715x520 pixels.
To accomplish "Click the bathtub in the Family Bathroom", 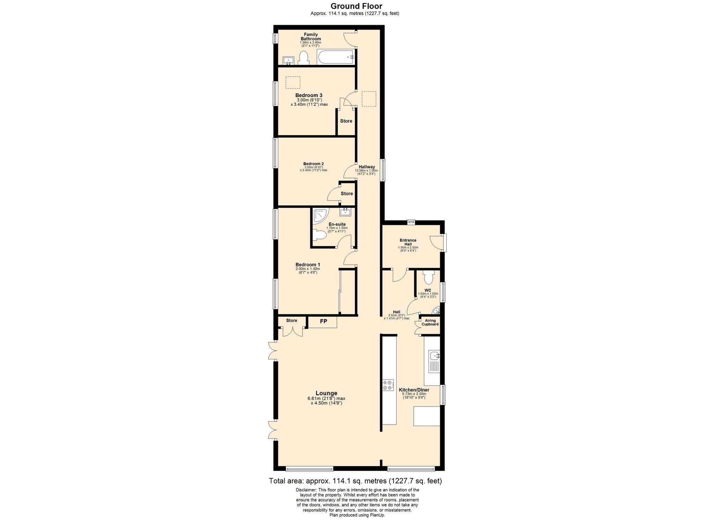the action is [336, 57].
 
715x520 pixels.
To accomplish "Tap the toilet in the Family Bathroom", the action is [303, 58].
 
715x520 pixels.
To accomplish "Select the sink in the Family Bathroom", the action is [288, 61].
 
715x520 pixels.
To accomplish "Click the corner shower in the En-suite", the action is [321, 215].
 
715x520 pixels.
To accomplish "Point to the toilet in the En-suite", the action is [319, 236].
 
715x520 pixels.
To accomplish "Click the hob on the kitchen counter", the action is [388, 385].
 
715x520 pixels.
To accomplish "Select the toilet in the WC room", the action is [428, 277].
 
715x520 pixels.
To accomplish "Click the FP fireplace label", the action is [324, 321].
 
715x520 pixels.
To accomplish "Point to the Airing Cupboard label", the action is [430, 322].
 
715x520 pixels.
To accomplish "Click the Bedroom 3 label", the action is [309, 95].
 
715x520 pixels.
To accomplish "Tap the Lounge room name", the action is [326, 393].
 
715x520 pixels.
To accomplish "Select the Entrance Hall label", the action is [408, 242].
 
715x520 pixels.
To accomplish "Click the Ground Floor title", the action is [356, 6].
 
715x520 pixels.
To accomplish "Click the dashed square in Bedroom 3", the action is [293, 83].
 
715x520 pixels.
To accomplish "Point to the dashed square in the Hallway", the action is [369, 99].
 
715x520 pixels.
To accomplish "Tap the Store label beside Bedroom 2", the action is [347, 193].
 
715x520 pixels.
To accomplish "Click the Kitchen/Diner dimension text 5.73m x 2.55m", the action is [414, 394].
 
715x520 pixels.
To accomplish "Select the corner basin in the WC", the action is [436, 310].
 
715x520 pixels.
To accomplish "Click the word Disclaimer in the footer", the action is [306, 490].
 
